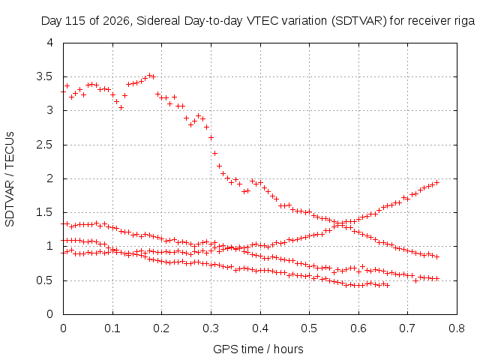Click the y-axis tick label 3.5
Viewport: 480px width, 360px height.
[45, 76]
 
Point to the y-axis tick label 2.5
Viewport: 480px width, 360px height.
[45, 145]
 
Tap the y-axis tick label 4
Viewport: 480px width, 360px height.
[50, 43]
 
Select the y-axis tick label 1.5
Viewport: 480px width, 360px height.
[45, 212]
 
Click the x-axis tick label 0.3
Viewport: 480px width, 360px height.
[211, 328]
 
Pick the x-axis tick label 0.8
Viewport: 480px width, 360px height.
[457, 328]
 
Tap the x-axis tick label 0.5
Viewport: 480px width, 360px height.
[309, 328]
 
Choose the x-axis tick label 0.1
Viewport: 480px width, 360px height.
[112, 328]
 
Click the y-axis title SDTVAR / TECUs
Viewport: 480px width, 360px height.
[10, 179]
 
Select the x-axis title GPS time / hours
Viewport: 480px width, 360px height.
[258, 349]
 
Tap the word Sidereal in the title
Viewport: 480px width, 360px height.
[158, 21]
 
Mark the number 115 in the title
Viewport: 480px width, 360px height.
[76, 21]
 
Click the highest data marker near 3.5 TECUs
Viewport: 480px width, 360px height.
[150, 75]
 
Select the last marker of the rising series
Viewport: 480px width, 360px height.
[437, 182]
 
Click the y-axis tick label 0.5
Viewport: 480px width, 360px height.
[45, 280]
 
